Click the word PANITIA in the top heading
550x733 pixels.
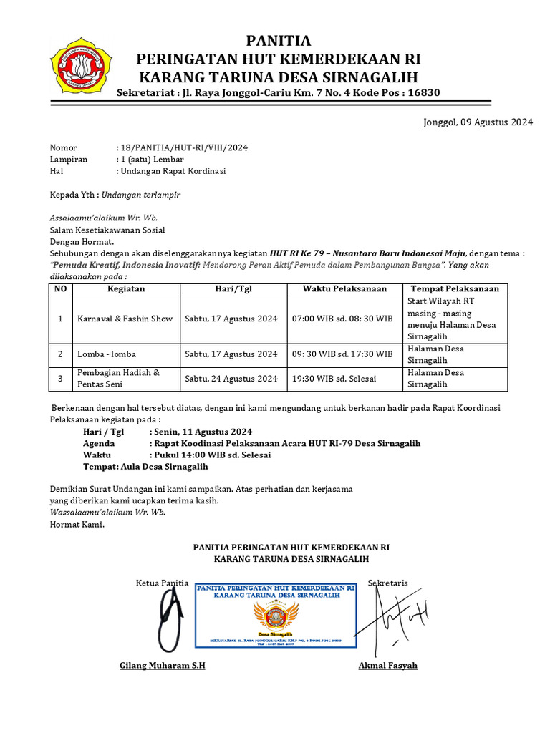pos(279,40)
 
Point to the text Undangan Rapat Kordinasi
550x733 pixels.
pos(174,171)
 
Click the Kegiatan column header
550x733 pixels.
pos(126,289)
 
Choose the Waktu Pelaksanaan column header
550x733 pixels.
pos(344,289)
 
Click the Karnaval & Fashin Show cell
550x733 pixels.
pos(125,319)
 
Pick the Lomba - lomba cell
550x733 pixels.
pos(107,354)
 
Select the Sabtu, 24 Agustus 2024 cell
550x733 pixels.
pos(231,379)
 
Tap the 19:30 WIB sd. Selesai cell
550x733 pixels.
pos(333,379)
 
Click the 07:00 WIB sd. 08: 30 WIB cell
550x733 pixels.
pos(342,319)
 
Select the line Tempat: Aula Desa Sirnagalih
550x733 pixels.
pos(145,467)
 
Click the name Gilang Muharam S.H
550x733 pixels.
pos(163,666)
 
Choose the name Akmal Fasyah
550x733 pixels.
pos(387,666)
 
